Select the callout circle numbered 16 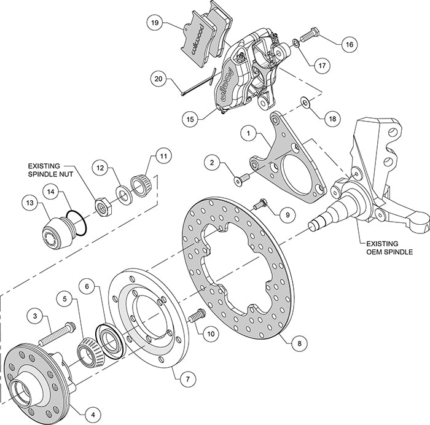tap(348, 44)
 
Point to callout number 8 tap(299, 343)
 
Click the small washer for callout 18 tap(305, 101)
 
